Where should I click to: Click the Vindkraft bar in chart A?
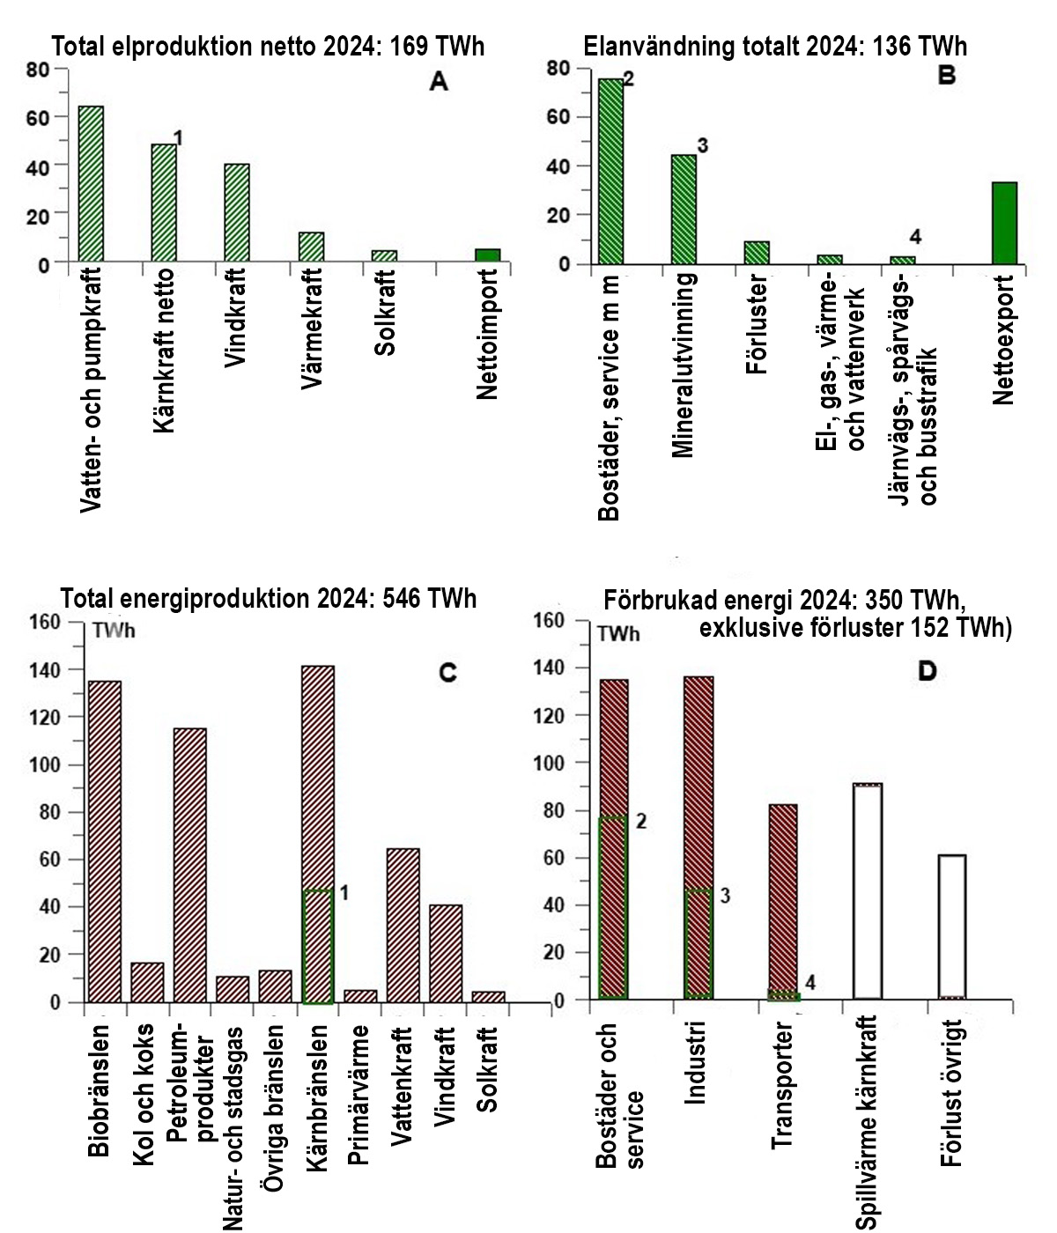pyautogui.click(x=237, y=213)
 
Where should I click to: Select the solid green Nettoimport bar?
pyautogui.click(x=487, y=255)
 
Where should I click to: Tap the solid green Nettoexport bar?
pyautogui.click(x=1004, y=224)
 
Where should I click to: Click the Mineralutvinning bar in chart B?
pyautogui.click(x=684, y=210)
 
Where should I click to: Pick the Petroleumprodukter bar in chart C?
pyautogui.click(x=189, y=865)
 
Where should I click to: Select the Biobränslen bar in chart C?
pyautogui.click(x=104, y=841)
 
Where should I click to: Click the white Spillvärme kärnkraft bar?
pyautogui.click(x=868, y=891)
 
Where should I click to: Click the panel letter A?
pyautogui.click(x=439, y=83)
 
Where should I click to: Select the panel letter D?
pyautogui.click(x=927, y=671)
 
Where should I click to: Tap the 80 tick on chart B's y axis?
pyautogui.click(x=558, y=68)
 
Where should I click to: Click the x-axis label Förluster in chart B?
pyautogui.click(x=757, y=327)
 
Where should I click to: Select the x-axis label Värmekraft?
pyautogui.click(x=311, y=329)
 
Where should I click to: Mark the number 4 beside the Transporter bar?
pyautogui.click(x=810, y=982)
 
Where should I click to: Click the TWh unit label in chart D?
pyautogui.click(x=618, y=633)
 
